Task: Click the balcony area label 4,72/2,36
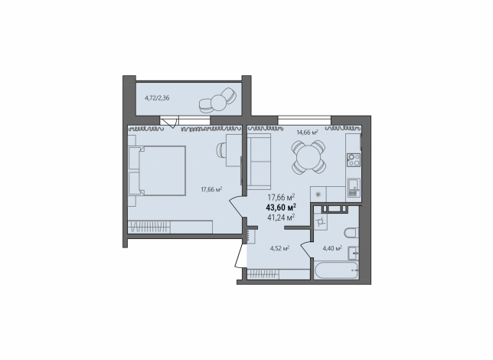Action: click(x=157, y=98)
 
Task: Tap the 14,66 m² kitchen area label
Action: click(x=308, y=133)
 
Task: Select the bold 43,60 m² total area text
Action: click(x=281, y=208)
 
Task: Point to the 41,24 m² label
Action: click(x=281, y=217)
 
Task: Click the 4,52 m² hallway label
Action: click(x=280, y=249)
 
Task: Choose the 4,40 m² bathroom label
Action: click(x=332, y=249)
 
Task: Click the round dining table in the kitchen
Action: click(x=309, y=157)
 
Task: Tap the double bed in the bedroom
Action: click(x=157, y=171)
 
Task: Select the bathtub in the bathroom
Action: click(x=336, y=270)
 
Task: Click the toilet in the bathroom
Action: click(x=351, y=233)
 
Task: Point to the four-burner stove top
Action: click(x=354, y=159)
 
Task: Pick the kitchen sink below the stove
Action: click(x=354, y=188)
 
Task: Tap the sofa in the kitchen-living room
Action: click(x=259, y=162)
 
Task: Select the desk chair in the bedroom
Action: click(x=221, y=150)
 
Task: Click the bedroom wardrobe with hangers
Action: click(x=170, y=227)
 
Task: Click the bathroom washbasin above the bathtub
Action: click(x=354, y=253)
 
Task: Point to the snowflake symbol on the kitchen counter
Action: click(x=318, y=194)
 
